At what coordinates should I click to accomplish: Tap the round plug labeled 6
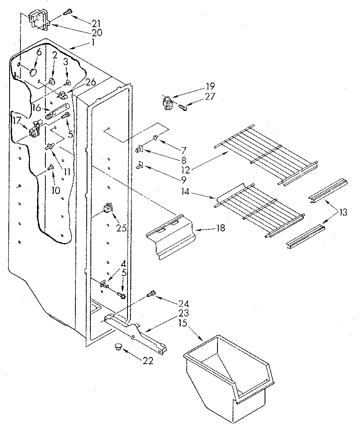[x=32, y=72]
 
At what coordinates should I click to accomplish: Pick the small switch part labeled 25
[x=108, y=207]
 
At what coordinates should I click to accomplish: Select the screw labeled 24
[x=152, y=294]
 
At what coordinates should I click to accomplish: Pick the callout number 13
[x=342, y=213]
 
